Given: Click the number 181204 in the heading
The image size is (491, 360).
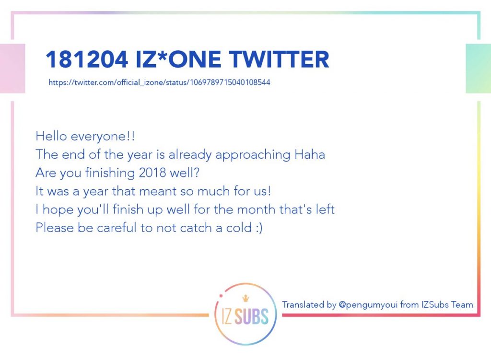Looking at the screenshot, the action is click(x=87, y=59).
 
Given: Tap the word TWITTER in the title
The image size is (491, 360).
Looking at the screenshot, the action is click(x=279, y=59).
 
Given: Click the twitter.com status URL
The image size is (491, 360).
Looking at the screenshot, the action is click(x=159, y=82).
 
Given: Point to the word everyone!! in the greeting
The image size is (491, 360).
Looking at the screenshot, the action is click(x=103, y=137).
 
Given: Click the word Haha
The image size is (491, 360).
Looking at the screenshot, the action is click(x=310, y=154).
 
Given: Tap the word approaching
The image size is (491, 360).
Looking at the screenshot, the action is click(x=253, y=155).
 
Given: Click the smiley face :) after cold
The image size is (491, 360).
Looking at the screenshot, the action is click(x=259, y=228).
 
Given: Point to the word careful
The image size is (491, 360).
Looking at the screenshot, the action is click(x=117, y=228).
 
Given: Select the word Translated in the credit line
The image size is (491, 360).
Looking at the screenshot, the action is click(x=303, y=304).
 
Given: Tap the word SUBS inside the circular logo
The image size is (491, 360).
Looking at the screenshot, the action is click(x=251, y=316).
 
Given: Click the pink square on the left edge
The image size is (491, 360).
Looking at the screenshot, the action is click(x=12, y=69).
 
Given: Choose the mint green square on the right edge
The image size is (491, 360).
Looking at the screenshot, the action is click(x=478, y=69).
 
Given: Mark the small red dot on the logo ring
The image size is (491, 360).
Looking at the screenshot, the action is click(x=221, y=295).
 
